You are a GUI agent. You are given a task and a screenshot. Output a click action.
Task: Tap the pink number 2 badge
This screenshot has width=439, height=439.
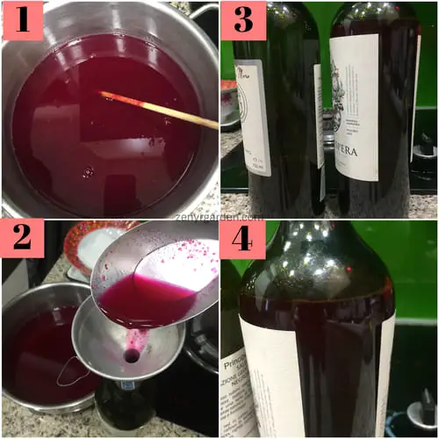point(21,241)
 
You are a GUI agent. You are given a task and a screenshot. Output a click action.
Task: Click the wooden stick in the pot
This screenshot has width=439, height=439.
point(158,110)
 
